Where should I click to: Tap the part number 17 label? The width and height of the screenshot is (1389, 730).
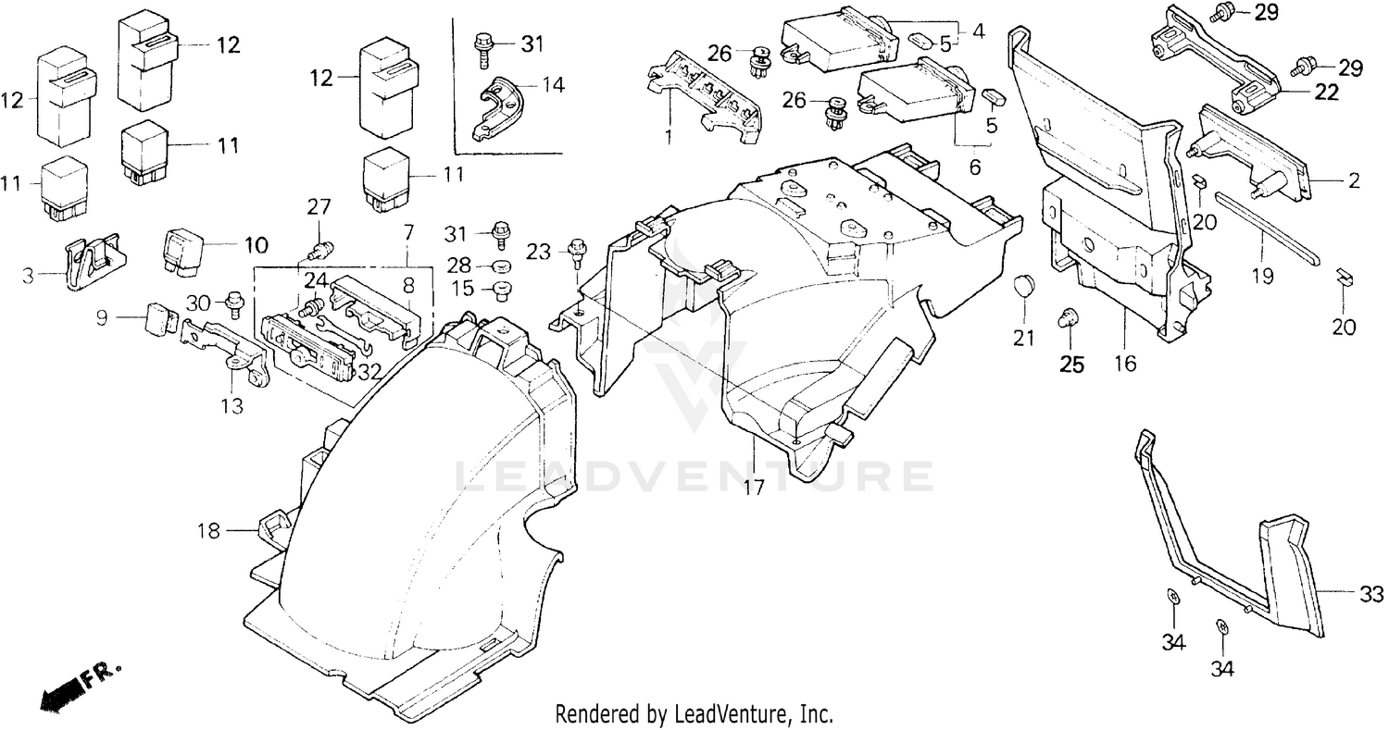point(755,487)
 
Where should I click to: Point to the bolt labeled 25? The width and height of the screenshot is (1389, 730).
point(1069,319)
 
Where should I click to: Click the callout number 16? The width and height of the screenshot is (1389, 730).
point(1125,364)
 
